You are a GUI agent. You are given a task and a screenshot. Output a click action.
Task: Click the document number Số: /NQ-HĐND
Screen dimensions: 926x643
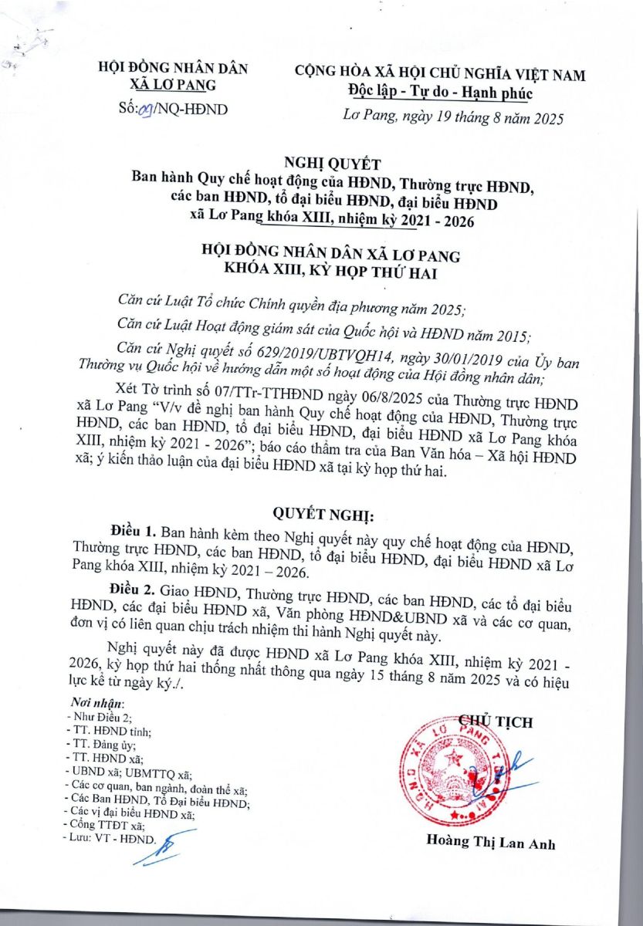[x=174, y=109]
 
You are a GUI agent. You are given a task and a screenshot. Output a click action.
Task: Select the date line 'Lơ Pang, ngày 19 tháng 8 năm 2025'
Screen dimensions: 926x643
[x=454, y=117]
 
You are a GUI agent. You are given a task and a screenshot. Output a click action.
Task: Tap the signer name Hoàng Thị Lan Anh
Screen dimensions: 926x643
[x=490, y=843]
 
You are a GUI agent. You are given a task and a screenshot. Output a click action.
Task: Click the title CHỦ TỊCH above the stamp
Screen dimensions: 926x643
[x=496, y=722]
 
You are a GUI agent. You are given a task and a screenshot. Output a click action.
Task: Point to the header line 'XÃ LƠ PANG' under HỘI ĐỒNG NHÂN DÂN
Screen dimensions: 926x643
[x=173, y=84]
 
